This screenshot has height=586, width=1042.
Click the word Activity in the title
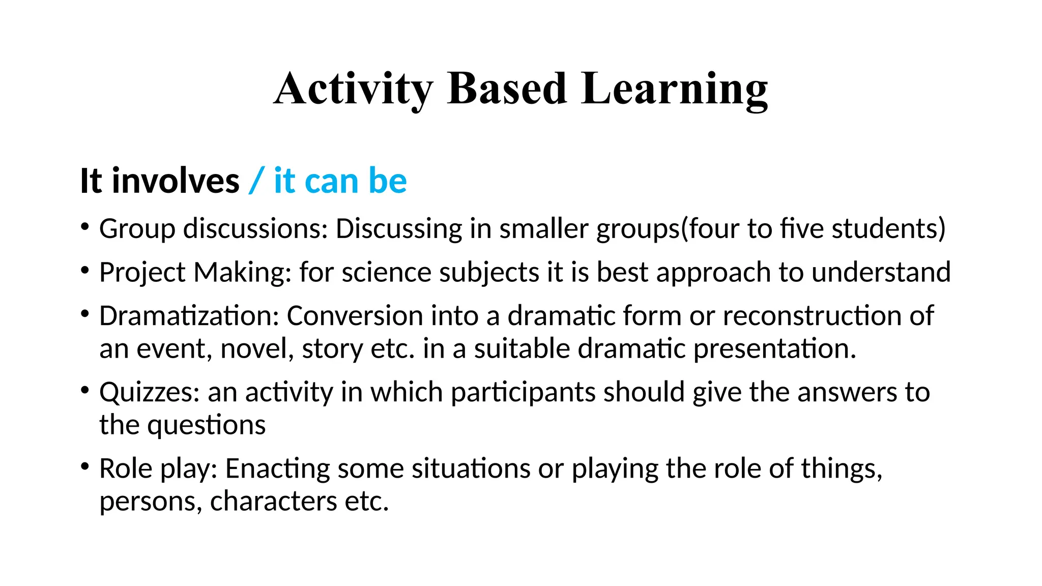(x=353, y=89)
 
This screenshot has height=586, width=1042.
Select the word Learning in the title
(x=674, y=89)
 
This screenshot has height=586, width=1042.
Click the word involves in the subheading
(x=176, y=181)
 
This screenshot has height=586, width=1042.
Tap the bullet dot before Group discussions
(x=85, y=225)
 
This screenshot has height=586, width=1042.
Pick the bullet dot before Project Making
(x=85, y=269)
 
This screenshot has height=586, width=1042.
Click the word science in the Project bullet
(x=386, y=272)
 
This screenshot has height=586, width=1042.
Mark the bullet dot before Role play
(x=85, y=465)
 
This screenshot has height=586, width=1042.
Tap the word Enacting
(x=277, y=469)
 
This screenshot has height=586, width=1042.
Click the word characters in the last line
(x=273, y=502)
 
